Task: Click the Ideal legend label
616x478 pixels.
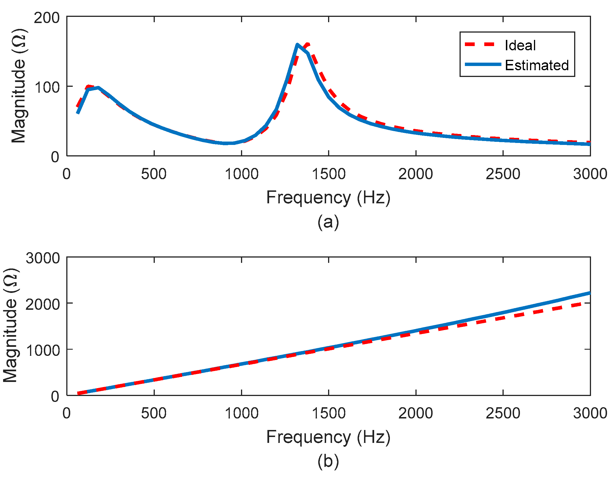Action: (520, 45)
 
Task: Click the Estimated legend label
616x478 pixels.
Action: (537, 65)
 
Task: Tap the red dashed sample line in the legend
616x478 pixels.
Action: (480, 44)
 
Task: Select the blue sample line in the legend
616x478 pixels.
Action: (483, 65)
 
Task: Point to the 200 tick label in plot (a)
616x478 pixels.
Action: (47, 18)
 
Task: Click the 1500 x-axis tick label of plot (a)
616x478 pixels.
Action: (329, 174)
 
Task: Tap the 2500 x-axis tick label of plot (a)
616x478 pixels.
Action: (503, 174)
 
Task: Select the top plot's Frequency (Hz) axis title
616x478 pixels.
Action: (328, 197)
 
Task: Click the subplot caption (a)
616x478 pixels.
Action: (328, 222)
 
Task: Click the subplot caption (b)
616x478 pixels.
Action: (328, 462)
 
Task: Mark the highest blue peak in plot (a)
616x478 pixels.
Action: (297, 45)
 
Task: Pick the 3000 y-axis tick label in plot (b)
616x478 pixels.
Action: (43, 258)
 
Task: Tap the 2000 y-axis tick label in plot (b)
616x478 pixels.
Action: (43, 304)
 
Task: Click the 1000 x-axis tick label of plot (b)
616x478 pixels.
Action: (242, 413)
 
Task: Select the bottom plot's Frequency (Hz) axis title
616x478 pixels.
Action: (328, 437)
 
